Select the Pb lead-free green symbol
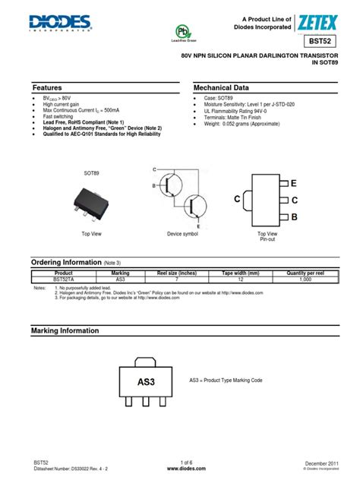182,31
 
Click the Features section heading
49,87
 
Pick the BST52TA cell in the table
64,279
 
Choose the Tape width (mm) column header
241,273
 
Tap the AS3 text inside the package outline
145,381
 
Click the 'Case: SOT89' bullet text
221,99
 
